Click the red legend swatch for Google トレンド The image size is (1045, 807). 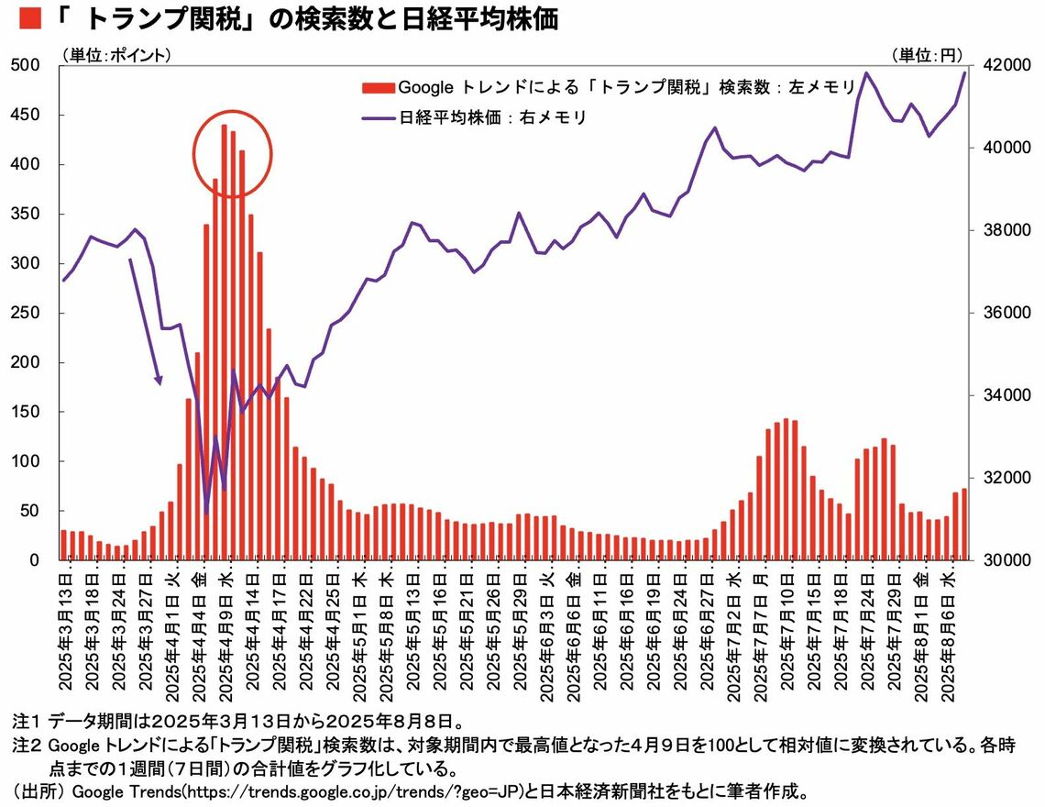click(378, 88)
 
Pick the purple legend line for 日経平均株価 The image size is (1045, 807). click(378, 117)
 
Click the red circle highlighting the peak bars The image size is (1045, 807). click(233, 153)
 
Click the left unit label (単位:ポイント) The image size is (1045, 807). click(116, 55)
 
